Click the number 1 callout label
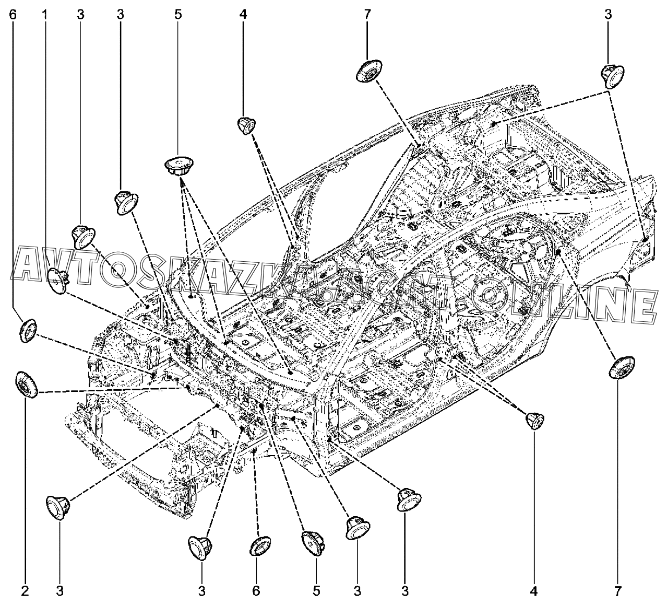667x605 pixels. coord(44,15)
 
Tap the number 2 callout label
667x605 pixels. coord(25,591)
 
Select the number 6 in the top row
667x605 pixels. coord(13,15)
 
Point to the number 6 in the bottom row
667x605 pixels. coord(256,591)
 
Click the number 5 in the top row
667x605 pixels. coord(178,15)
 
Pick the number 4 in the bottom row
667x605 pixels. coord(534,591)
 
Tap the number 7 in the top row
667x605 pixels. coord(367,15)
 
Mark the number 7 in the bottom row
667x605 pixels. coord(617,591)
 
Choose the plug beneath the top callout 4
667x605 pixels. coord(247,125)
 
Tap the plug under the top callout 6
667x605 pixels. coord(29,330)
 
